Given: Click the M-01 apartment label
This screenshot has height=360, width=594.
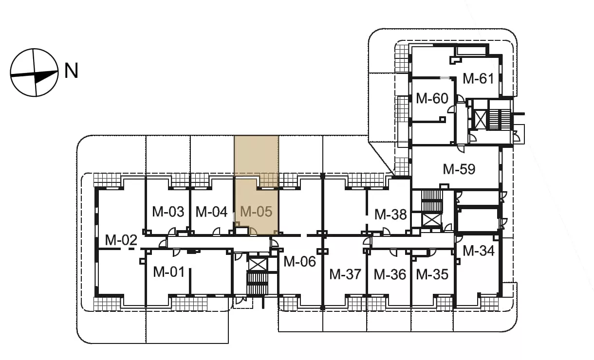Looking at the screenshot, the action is pos(169,272).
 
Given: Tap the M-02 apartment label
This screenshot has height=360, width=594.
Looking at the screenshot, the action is pos(121,240).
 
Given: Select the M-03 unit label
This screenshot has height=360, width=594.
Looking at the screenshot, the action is pos(168,212).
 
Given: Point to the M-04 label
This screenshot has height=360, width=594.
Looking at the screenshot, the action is pos(211,212).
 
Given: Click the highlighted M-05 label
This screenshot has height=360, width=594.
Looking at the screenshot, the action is pos(256,212).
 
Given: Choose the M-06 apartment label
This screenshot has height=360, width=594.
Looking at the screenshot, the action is pos(299,261).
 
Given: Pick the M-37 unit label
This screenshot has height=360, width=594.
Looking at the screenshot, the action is pos(345,274).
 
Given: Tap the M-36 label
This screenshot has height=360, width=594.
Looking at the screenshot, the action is pos(390,274).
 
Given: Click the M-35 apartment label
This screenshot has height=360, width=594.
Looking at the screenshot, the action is pos(432,274).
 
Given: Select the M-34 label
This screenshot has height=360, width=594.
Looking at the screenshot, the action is pos(479,251).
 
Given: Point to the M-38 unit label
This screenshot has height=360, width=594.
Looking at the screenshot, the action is pos(390,215).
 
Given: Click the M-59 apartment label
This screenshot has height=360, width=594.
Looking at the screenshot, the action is pos(459,169).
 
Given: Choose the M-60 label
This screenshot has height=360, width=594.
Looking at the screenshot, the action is pos(432,98).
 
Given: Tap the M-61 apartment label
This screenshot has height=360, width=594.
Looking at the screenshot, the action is pos(479,78).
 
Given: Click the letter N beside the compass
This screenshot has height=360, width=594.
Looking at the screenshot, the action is pos(71,71).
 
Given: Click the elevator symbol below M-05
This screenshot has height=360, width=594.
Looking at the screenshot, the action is pos(258,265).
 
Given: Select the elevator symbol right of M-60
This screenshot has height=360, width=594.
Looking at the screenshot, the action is pos(480,120).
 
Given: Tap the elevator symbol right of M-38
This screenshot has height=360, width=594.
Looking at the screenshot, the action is pos(431,219).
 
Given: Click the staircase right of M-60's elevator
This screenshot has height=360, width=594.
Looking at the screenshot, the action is pos(500,119).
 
